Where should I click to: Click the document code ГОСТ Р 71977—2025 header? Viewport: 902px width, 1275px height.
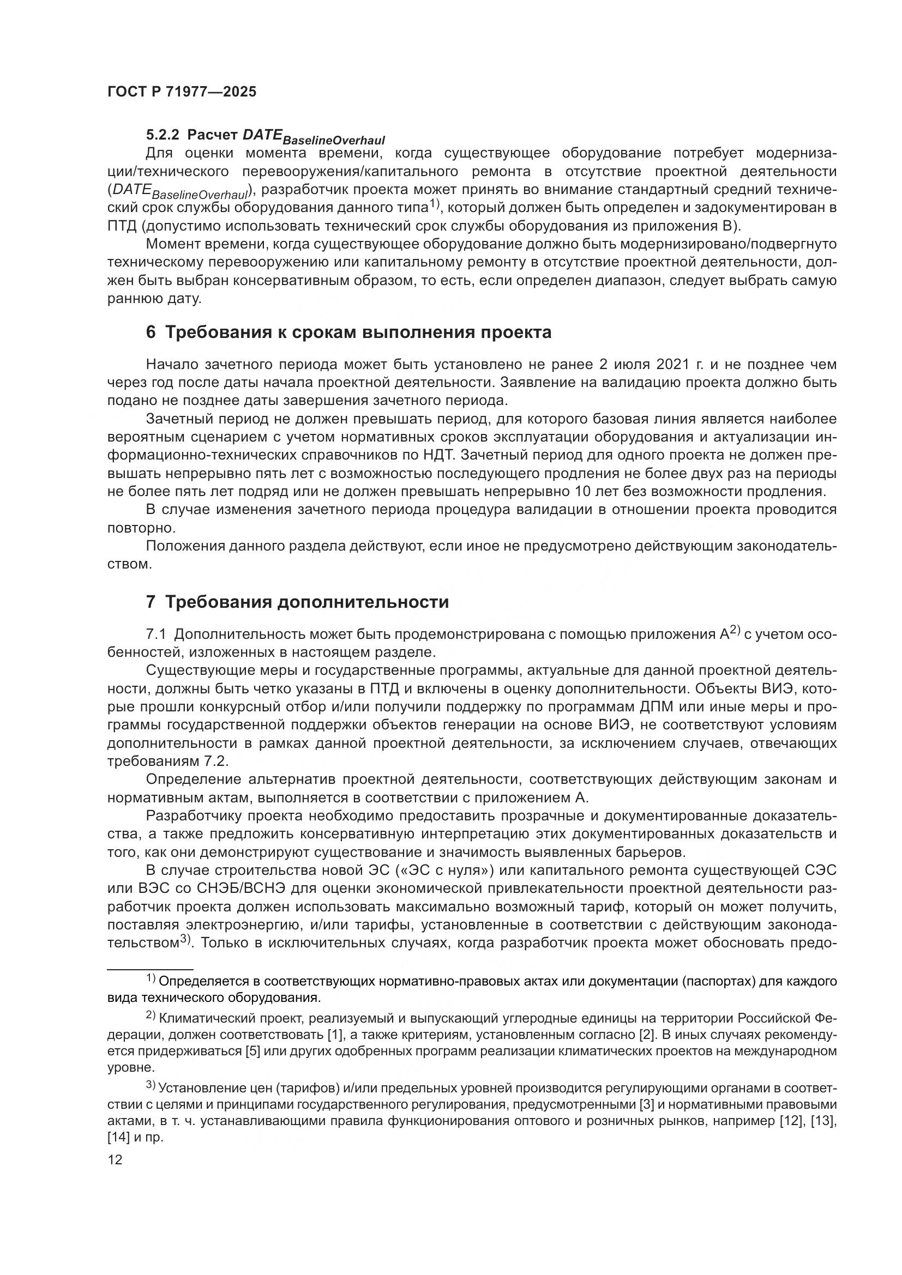(x=182, y=92)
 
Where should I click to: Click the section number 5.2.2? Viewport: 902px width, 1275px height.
(x=162, y=135)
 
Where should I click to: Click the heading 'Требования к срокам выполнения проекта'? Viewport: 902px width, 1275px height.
(x=358, y=332)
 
